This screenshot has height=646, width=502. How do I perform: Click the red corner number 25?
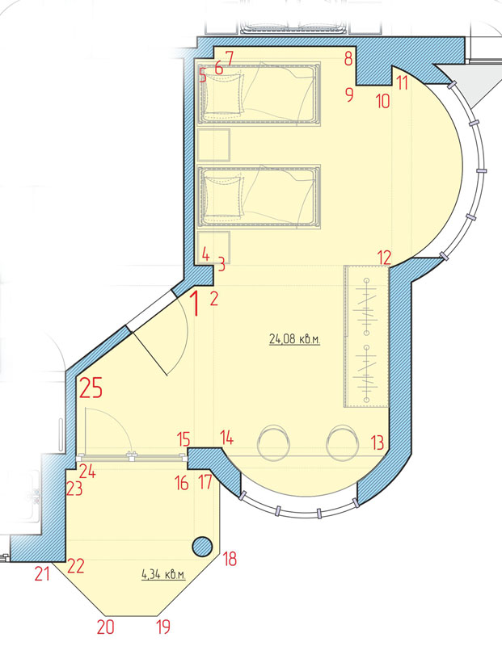point(91,388)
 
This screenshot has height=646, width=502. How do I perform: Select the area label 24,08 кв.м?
point(294,339)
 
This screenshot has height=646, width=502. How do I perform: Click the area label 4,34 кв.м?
point(163,574)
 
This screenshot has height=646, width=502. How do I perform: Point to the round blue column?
point(202,547)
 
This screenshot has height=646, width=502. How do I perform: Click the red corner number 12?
point(384,258)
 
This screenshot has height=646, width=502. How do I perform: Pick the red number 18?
point(230,559)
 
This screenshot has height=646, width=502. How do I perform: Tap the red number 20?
point(106,627)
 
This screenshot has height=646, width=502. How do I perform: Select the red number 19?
point(163,627)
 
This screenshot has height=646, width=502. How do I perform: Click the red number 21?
point(42,573)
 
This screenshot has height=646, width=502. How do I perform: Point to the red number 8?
point(348,58)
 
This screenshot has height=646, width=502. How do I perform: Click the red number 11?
point(403,83)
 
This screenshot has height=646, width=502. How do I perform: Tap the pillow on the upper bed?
point(225,93)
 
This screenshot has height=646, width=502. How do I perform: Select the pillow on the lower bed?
point(225,196)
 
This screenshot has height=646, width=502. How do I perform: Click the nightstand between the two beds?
point(213,145)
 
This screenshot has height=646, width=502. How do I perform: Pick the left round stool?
point(273,443)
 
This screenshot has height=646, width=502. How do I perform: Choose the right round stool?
point(343,443)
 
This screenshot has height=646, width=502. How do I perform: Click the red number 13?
point(378,443)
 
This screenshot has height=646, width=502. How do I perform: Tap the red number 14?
point(227,438)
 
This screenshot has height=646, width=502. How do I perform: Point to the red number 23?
point(75,489)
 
